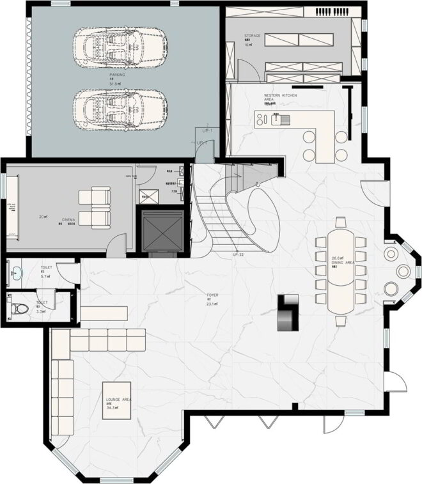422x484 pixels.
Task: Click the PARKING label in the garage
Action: pyautogui.click(x=117, y=75)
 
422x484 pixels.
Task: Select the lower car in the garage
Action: pyautogui.click(x=120, y=106)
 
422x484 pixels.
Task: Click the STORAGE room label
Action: pyautogui.click(x=252, y=36)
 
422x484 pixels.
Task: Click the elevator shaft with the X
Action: pyautogui.click(x=163, y=229)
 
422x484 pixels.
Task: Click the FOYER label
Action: pyautogui.click(x=213, y=295)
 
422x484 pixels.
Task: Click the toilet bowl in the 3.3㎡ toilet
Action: pyautogui.click(x=20, y=309)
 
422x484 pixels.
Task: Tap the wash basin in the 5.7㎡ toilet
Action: pyautogui.click(x=15, y=274)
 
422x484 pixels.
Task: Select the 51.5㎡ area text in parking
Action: pyautogui.click(x=116, y=84)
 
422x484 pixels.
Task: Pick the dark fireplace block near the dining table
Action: pyautogui.click(x=288, y=312)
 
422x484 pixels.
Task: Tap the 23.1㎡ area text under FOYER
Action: pyautogui.click(x=213, y=304)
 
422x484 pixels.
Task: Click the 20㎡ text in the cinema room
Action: pyautogui.click(x=43, y=217)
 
